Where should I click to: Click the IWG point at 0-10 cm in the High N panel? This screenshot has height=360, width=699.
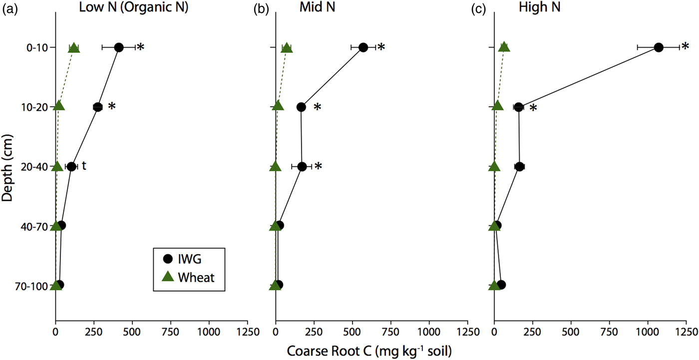point(658,47)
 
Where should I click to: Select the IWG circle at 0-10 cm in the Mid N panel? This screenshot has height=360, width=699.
point(363,47)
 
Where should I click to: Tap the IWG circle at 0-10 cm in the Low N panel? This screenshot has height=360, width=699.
point(119,47)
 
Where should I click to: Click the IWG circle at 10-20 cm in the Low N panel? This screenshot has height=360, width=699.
point(97,107)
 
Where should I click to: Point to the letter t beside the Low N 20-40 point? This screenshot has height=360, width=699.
point(84,166)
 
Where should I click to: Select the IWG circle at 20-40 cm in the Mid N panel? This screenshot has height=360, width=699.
point(302,166)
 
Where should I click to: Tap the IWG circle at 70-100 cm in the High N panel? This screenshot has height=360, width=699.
point(501,285)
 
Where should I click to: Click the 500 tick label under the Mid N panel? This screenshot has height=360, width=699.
point(352,332)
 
